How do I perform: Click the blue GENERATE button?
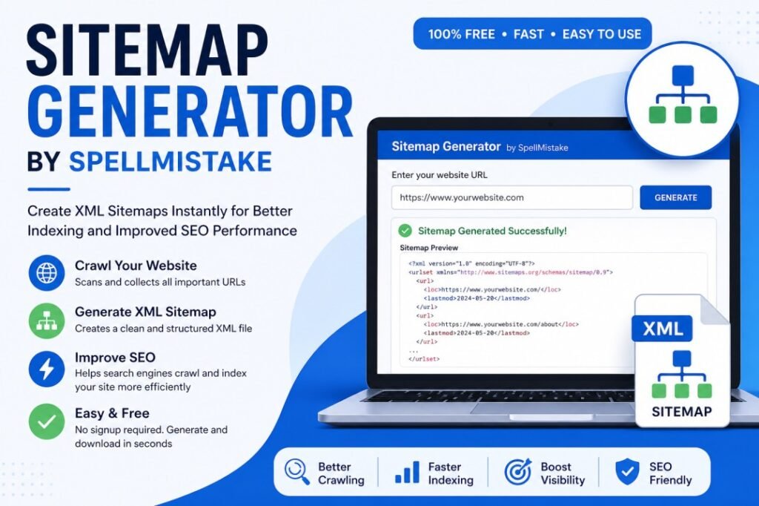[x=676, y=198]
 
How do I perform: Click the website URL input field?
[x=512, y=198]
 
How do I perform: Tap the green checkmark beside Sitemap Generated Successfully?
[x=405, y=231]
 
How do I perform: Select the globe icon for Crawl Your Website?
[x=47, y=273]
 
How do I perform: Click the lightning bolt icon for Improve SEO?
[x=47, y=369]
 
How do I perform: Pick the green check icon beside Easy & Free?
[x=47, y=421]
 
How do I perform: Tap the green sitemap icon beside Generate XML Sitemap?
[x=47, y=321]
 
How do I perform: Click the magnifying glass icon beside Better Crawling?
[x=296, y=472]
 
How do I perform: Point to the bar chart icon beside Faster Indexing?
[x=408, y=472]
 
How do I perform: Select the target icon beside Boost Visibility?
[x=517, y=472]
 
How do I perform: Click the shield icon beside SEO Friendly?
[x=627, y=472]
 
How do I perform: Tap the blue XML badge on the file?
[x=662, y=329]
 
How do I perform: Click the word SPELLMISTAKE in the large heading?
[x=170, y=162]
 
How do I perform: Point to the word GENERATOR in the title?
[x=190, y=112]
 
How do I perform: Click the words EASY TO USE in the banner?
[x=602, y=34]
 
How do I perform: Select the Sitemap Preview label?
[x=429, y=248]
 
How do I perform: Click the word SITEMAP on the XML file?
[x=682, y=412]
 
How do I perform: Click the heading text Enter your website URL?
[x=440, y=175]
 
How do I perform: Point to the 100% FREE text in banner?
[x=461, y=34]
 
